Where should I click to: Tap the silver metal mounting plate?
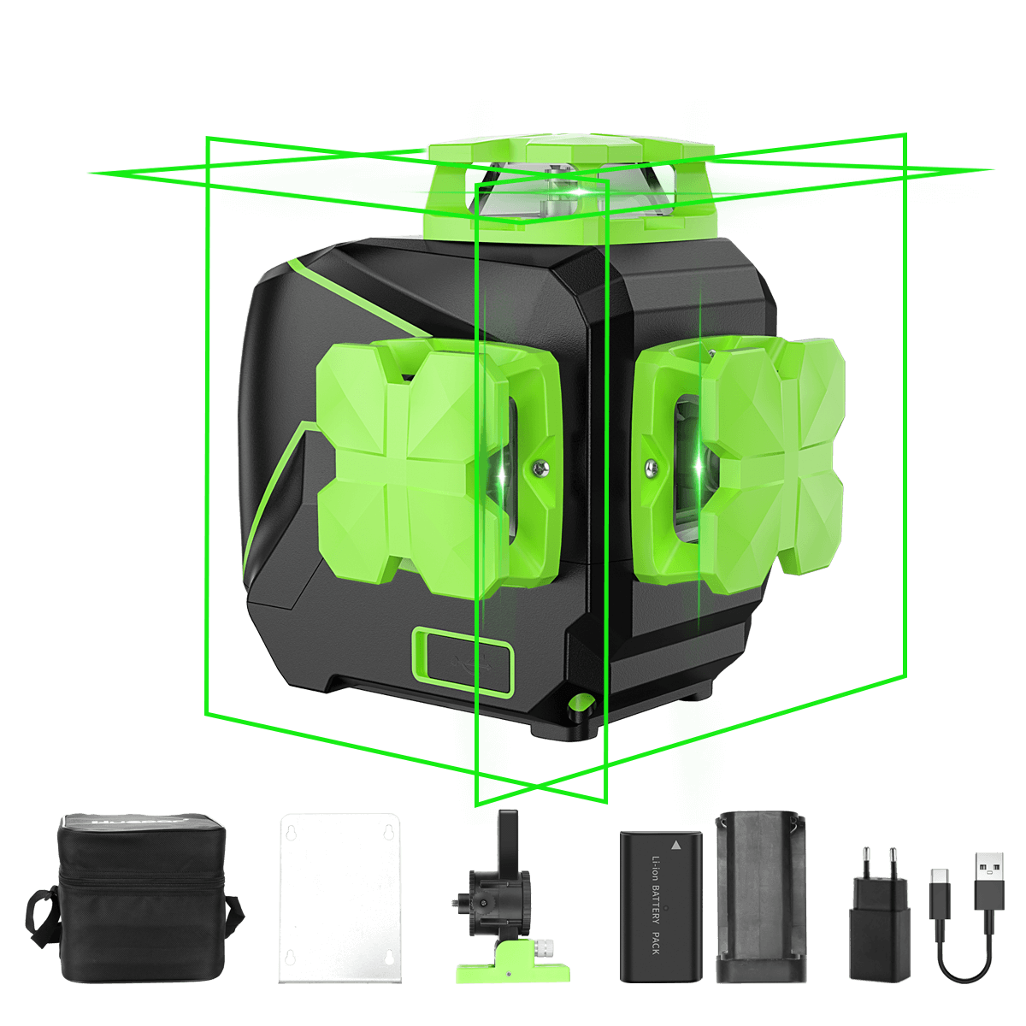pos(340,898)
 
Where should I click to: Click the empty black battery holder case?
pos(760,898)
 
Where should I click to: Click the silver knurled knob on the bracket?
pos(544,948)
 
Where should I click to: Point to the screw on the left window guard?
pos(537,468)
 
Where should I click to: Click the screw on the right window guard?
pos(651,467)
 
